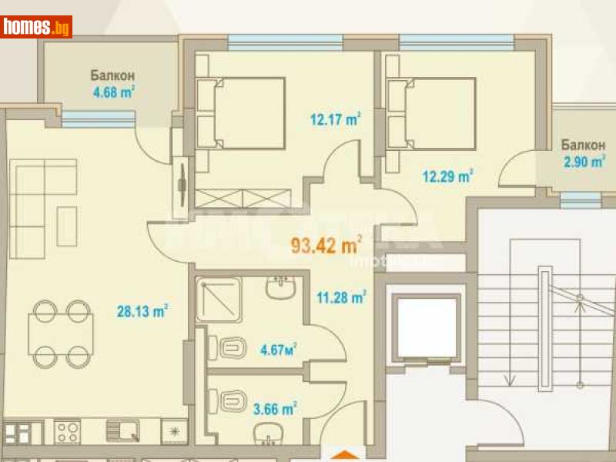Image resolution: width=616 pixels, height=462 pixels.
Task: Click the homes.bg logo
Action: click(x=37, y=27)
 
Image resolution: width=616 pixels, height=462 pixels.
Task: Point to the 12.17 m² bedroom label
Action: click(x=336, y=119)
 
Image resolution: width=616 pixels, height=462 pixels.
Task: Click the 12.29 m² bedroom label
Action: click(x=447, y=176)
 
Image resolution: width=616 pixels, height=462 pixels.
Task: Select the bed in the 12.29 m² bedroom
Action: click(x=430, y=113)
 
